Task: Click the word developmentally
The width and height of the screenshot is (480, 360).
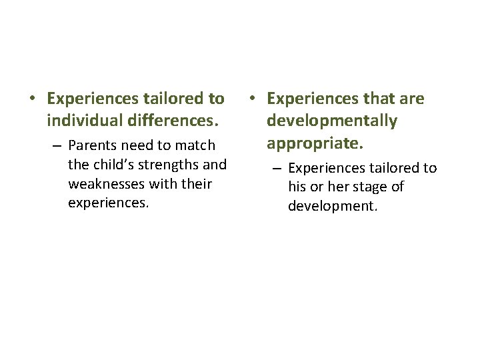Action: tap(331, 121)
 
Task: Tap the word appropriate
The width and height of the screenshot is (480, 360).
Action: tap(309, 143)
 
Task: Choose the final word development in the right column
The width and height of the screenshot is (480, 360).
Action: tap(332, 206)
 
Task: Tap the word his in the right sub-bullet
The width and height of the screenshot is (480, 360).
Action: tap(297, 187)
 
